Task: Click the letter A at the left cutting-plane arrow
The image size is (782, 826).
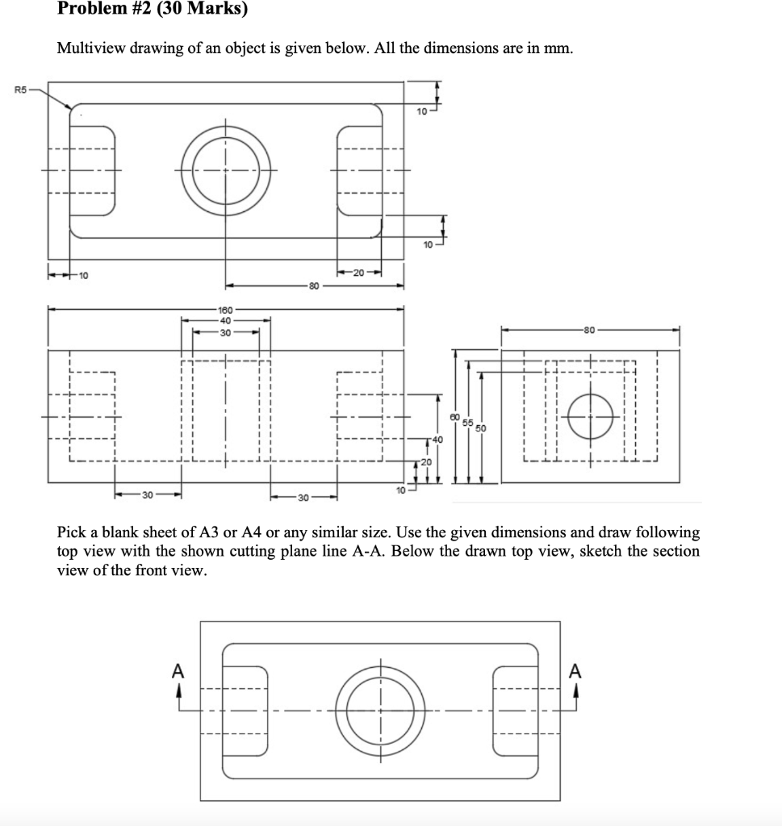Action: click(x=179, y=671)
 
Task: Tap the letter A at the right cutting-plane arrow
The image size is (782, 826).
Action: click(x=575, y=671)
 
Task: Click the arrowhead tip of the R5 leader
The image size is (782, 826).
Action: click(x=73, y=110)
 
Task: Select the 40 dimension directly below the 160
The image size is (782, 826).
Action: click(x=225, y=319)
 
